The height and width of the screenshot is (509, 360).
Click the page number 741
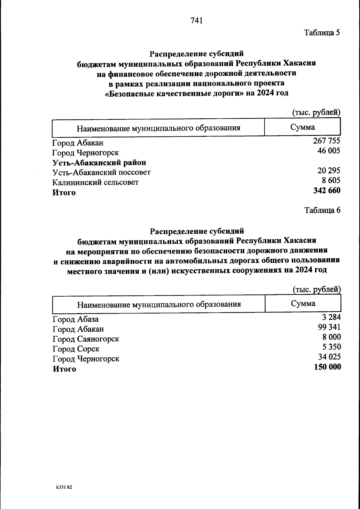[x=197, y=20]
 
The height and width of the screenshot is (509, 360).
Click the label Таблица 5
[x=322, y=32]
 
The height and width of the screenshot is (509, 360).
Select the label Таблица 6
[x=322, y=210]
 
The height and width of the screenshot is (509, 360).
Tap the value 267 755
[x=326, y=141]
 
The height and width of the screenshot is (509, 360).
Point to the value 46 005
[x=329, y=151]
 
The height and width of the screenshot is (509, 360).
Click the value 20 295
[x=329, y=171]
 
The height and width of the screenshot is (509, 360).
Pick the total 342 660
[x=327, y=190]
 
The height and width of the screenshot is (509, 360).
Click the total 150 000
[x=327, y=367]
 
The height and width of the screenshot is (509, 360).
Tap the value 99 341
[x=329, y=327]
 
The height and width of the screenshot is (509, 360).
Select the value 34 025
[x=329, y=357]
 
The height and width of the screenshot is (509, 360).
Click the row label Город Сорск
[x=76, y=349]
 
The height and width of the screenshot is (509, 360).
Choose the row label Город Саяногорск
[x=86, y=339]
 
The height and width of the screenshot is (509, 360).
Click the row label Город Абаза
[x=76, y=319]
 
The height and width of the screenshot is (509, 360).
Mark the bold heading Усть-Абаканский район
[x=99, y=163]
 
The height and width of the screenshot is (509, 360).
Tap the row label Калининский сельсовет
[x=95, y=182]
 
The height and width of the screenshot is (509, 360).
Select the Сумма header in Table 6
[x=303, y=304]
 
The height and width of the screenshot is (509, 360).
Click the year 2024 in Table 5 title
[x=264, y=93]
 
